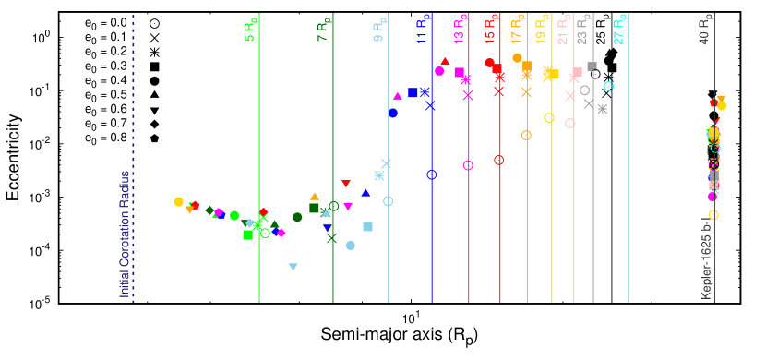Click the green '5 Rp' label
(x=250, y=30)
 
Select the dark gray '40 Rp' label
(x=705, y=30)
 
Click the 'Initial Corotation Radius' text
(x=124, y=234)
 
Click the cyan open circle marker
(x=609, y=86)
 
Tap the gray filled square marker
(x=592, y=66)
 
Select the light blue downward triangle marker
(x=293, y=267)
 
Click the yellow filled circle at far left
(x=178, y=201)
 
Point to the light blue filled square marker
(x=367, y=226)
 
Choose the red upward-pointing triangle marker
(x=445, y=61)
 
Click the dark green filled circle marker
(x=297, y=217)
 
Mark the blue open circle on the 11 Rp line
(x=431, y=174)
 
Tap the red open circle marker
(x=498, y=160)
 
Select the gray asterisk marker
(x=603, y=109)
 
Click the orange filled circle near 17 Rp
(x=517, y=57)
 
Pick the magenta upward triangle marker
(x=397, y=95)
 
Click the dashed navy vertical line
(x=133, y=157)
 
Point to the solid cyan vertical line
(x=628, y=185)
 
